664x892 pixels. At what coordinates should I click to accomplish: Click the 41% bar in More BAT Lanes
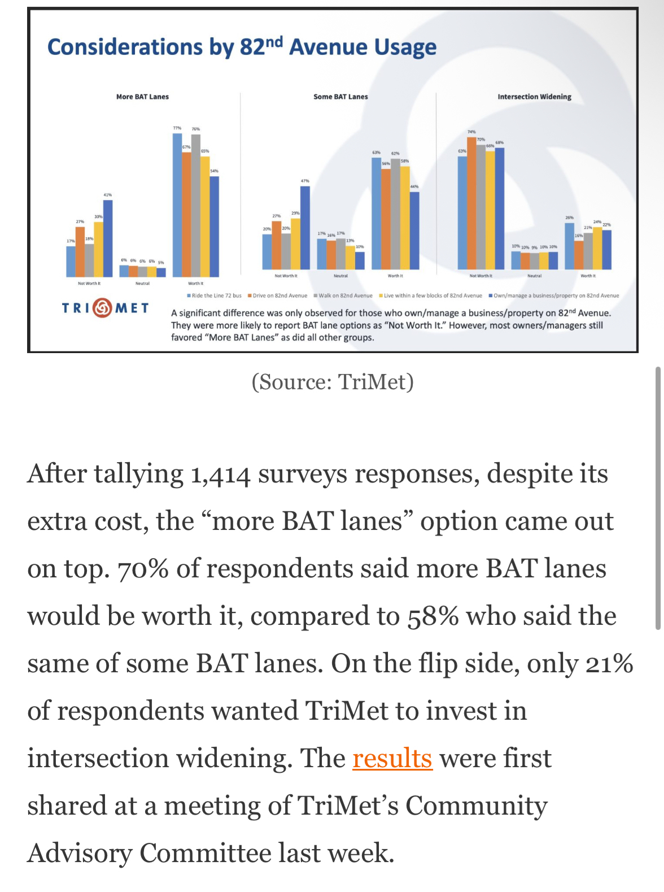pos(108,238)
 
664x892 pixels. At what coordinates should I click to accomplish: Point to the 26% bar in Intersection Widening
pos(570,246)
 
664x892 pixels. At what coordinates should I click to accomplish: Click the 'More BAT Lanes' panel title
pos(142,97)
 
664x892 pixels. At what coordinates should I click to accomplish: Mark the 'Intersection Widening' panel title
pos(534,97)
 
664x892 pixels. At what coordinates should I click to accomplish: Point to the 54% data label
pos(215,171)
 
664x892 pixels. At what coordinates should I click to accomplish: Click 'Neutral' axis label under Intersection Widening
pos(534,276)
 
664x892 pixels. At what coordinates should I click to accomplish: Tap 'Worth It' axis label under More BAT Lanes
pos(195,283)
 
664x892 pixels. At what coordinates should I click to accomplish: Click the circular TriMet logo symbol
pos(102,308)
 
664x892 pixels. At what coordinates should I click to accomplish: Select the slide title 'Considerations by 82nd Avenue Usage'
pos(242,47)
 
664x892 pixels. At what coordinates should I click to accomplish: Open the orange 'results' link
pos(392,758)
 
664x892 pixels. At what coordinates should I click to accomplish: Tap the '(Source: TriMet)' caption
pos(333,382)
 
